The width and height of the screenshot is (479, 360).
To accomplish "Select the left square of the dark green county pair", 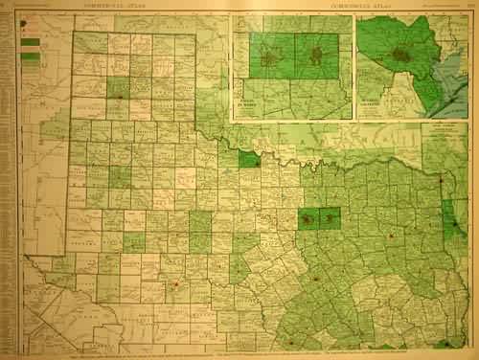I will [308, 219].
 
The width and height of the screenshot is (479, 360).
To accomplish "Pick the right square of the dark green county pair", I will [330, 219].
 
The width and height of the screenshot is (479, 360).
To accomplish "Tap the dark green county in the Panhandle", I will [118, 89].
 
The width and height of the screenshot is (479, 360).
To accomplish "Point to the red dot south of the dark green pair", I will [315, 279].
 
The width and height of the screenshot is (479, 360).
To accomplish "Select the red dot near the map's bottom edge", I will [289, 339].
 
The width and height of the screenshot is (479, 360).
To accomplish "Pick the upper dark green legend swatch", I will [29, 41].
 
